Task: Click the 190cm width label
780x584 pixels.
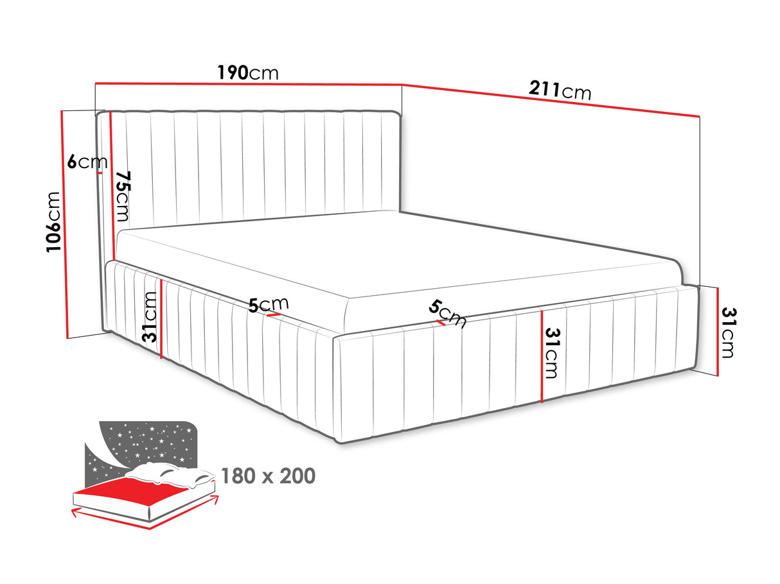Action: pyautogui.click(x=247, y=73)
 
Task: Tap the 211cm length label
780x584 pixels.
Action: pyautogui.click(x=560, y=90)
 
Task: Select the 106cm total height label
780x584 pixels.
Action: pyautogui.click(x=53, y=222)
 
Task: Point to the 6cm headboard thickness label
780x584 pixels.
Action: pyautogui.click(x=87, y=162)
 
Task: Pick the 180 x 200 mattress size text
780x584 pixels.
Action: pyautogui.click(x=268, y=476)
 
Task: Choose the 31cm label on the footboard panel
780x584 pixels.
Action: pyautogui.click(x=551, y=353)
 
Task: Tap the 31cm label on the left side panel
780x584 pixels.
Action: pyautogui.click(x=149, y=317)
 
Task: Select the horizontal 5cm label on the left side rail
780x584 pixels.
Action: pyautogui.click(x=269, y=305)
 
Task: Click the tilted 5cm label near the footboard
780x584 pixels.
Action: pyautogui.click(x=447, y=314)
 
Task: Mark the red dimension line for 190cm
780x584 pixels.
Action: pyautogui.click(x=249, y=84)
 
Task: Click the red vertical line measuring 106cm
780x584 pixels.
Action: pyautogui.click(x=64, y=225)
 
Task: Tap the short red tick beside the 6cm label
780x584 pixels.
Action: pyautogui.click(x=100, y=173)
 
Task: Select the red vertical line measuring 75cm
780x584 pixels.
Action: pyautogui.click(x=112, y=186)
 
